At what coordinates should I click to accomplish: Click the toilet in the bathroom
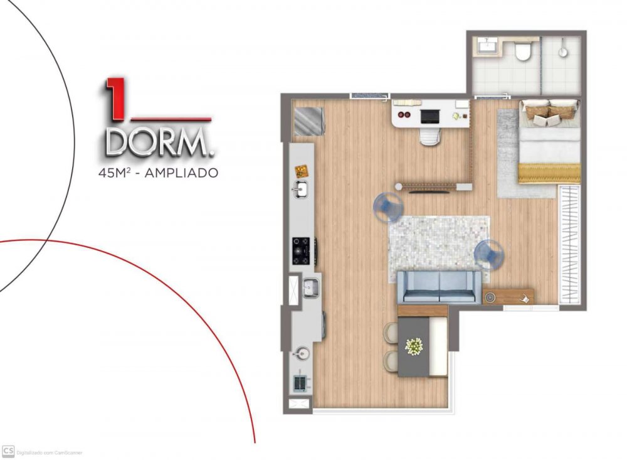(522, 51)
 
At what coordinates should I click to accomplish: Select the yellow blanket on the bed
(549, 173)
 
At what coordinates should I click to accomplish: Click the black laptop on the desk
(430, 116)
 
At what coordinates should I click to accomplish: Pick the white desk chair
(430, 136)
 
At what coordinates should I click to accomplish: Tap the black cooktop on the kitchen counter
(301, 251)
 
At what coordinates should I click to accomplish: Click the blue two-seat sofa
(440, 287)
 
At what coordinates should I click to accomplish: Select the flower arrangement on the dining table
(414, 346)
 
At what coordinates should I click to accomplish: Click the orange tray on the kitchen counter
(302, 171)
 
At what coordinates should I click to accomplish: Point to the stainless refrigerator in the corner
(308, 122)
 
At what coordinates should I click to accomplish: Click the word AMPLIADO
(181, 173)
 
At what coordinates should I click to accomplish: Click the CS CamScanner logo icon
(8, 451)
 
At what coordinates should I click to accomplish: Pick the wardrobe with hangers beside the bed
(569, 245)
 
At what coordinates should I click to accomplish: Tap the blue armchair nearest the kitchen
(387, 207)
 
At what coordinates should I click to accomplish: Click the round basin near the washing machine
(301, 353)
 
